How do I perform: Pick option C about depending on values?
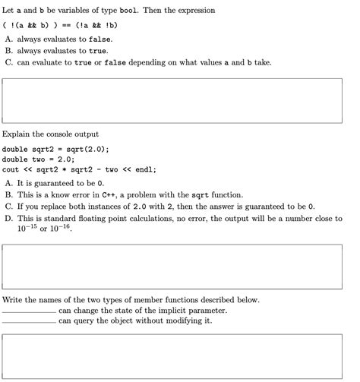[144, 62]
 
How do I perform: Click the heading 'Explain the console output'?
[51, 134]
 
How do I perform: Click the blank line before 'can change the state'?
[29, 311]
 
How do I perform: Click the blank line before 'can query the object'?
[29, 322]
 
